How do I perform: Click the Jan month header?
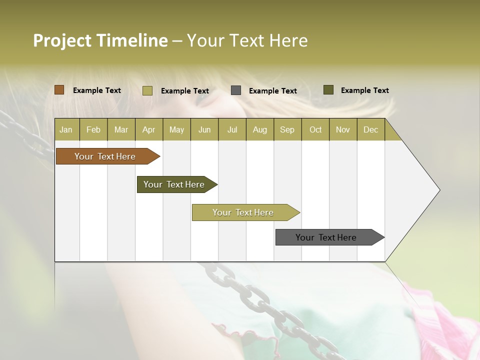[x=66, y=129]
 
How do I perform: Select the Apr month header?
[x=148, y=129]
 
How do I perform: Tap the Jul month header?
[x=232, y=129]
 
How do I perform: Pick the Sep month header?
[x=287, y=129]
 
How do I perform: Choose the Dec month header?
[x=370, y=129]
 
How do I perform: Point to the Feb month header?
[x=93, y=129]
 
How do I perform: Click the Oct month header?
[x=315, y=129]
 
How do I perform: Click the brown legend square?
[x=59, y=90]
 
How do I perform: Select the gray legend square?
[x=236, y=90]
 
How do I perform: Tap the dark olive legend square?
[x=328, y=90]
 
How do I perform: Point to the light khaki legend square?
[x=147, y=90]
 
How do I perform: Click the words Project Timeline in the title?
[x=100, y=40]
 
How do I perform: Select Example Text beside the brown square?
[x=97, y=90]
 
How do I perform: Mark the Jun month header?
[x=204, y=129]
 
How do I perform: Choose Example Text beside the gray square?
[x=273, y=91]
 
